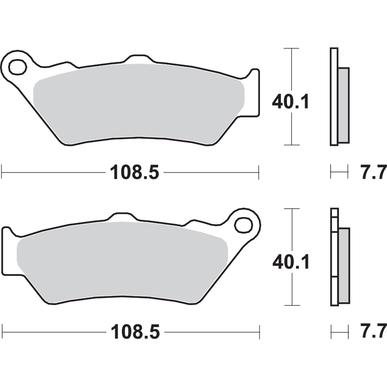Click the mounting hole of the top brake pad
18,66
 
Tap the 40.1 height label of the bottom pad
291,262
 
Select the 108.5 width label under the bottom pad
135,332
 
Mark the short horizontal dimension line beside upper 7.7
339,171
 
